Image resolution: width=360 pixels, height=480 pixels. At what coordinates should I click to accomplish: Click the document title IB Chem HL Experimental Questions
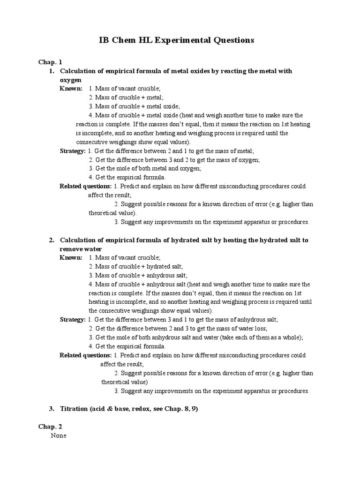[176, 40]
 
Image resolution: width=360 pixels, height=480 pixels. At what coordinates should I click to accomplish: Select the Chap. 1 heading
[50, 62]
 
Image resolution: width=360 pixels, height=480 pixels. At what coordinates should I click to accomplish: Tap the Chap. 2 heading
[50, 427]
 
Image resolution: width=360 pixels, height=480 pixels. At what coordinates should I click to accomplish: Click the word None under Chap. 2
[59, 435]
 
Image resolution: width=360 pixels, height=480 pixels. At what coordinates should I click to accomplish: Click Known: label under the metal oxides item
[71, 89]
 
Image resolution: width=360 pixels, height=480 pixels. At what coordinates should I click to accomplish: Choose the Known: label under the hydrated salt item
[71, 257]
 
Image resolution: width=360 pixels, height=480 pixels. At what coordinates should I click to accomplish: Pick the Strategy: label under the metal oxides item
[73, 151]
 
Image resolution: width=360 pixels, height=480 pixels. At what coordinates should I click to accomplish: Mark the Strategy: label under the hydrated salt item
[73, 320]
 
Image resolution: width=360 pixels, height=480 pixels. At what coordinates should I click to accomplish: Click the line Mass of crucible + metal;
[126, 97]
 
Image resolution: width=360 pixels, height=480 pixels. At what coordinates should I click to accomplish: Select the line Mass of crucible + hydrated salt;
[133, 266]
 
